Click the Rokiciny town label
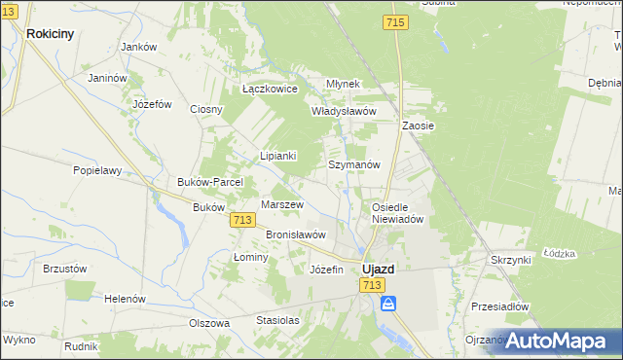[x=51, y=33]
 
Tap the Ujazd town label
[x=378, y=269]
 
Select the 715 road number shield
[x=395, y=22]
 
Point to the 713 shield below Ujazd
[x=370, y=284]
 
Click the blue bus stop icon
[x=388, y=304]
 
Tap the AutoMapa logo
[x=557, y=341]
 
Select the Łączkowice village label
[x=270, y=89]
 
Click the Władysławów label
[x=343, y=111]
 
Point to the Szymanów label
[x=353, y=165]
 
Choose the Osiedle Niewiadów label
[x=397, y=213]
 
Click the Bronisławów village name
[x=295, y=234]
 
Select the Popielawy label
[x=97, y=170]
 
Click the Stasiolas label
[x=277, y=319]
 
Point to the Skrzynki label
[x=510, y=261]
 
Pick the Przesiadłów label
[x=499, y=306]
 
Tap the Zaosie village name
[x=418, y=126]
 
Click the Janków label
[x=138, y=47]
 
